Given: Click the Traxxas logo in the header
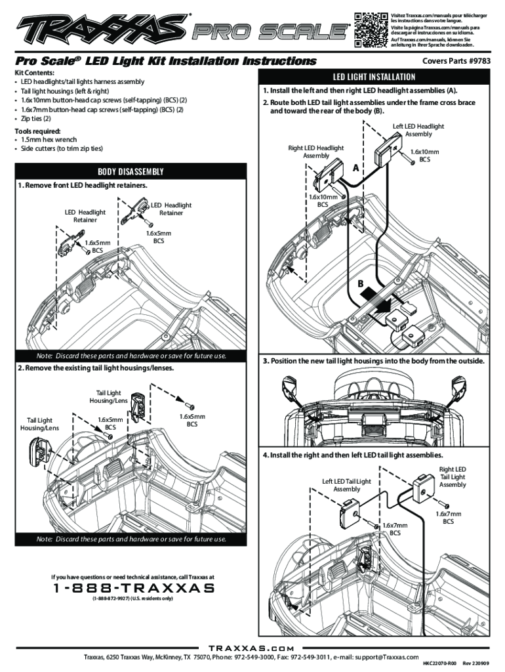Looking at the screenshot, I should coord(102,28).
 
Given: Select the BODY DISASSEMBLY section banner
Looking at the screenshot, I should coord(131,172).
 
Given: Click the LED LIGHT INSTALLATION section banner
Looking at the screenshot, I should coord(375,76).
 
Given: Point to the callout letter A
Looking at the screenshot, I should coord(357,169).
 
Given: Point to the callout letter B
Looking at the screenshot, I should coord(360,283).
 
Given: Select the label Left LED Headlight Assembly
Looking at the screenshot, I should coord(418,130).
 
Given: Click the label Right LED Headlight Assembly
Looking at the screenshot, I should coord(316,152).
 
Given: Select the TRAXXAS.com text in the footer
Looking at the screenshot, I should coord(252,648).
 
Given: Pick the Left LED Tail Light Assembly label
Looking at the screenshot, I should coord(346,485).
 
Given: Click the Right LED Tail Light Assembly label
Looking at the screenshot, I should coord(453,477).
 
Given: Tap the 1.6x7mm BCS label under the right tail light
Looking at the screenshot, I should coord(448,518).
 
